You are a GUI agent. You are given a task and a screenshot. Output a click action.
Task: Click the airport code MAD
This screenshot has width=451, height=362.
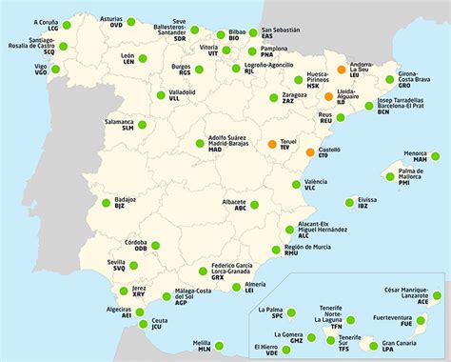[215, 150]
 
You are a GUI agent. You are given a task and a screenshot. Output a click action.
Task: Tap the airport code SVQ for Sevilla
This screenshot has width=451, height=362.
[120, 269]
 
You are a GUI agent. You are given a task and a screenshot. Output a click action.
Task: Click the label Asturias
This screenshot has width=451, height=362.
[111, 18]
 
